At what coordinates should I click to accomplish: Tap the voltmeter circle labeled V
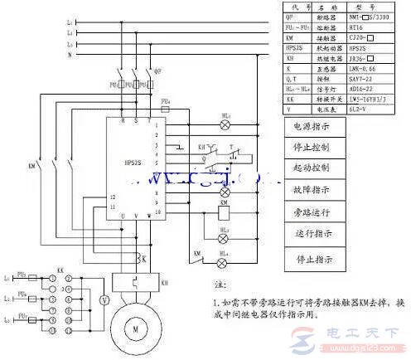(x=103, y=299)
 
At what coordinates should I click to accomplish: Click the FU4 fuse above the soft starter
(x=167, y=107)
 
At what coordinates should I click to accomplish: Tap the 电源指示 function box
(x=312, y=127)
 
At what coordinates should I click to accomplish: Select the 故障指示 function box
(x=312, y=190)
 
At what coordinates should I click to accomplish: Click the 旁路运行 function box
(x=312, y=212)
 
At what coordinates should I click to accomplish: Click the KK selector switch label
(x=60, y=271)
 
